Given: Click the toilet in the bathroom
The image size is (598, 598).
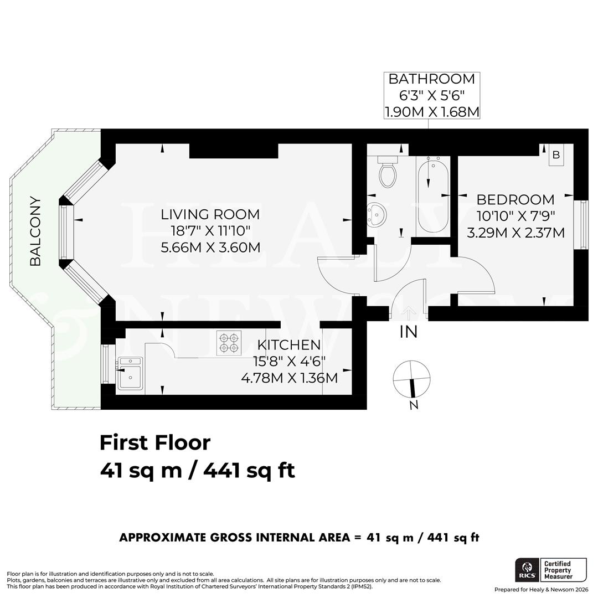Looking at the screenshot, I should [x=388, y=173].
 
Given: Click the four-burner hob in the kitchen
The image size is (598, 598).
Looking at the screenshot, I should [x=229, y=343].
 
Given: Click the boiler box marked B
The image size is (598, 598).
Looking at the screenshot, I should [x=556, y=155].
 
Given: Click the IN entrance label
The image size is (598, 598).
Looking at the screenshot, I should [x=409, y=332].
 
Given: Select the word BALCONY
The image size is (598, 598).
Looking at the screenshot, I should [x=35, y=231].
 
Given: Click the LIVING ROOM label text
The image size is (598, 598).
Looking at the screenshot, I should [x=210, y=214].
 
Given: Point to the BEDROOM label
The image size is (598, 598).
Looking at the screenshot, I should [x=515, y=199].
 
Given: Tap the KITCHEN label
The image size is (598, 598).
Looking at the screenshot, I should [x=288, y=345].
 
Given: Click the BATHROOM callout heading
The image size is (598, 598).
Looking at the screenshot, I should [x=431, y=79].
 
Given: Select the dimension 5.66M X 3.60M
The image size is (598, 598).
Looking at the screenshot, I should [x=210, y=247].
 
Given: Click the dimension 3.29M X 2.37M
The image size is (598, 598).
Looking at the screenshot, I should [x=515, y=233].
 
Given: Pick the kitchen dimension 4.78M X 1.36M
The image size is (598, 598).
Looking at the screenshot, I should [x=289, y=378].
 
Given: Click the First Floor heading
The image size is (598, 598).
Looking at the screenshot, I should [x=155, y=442].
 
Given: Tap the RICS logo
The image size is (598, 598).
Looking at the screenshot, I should [x=526, y=570].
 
